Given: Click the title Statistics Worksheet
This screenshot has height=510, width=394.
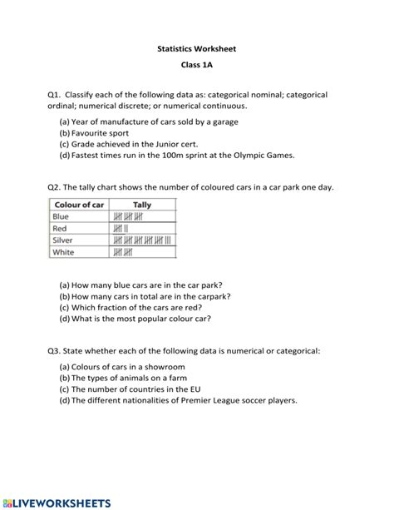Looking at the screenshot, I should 197,49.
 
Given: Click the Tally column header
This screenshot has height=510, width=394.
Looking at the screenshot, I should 142,205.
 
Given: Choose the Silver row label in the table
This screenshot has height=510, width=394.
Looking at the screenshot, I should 64,240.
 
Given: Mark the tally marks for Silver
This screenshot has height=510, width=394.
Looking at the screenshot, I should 142,240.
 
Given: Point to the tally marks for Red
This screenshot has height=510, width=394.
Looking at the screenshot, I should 121,229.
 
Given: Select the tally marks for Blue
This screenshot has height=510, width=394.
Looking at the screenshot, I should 131,217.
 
